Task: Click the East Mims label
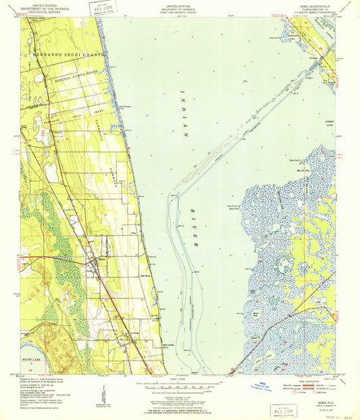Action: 145,275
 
